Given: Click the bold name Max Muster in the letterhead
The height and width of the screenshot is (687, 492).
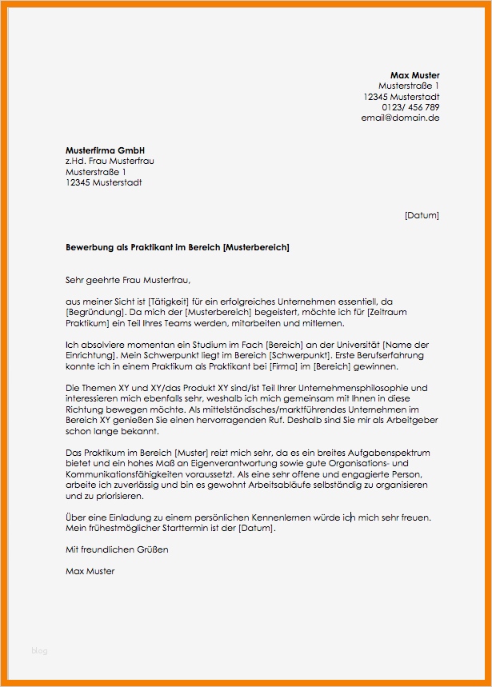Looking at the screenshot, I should [x=414, y=75].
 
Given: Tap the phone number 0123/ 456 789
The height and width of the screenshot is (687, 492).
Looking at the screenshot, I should [x=410, y=107].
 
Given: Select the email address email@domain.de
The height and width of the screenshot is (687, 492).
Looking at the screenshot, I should [x=400, y=118].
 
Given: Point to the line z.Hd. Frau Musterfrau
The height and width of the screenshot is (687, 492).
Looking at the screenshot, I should [x=110, y=161].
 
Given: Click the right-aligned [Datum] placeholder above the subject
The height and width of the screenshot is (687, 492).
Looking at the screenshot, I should [x=422, y=215].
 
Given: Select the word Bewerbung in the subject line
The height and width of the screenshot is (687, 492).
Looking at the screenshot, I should [x=89, y=247].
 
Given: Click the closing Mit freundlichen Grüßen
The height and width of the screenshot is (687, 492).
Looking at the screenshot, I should [x=117, y=549].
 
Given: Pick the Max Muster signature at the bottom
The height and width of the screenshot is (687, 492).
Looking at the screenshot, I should [x=90, y=571].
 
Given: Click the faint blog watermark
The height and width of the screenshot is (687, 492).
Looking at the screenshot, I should [x=39, y=650].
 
